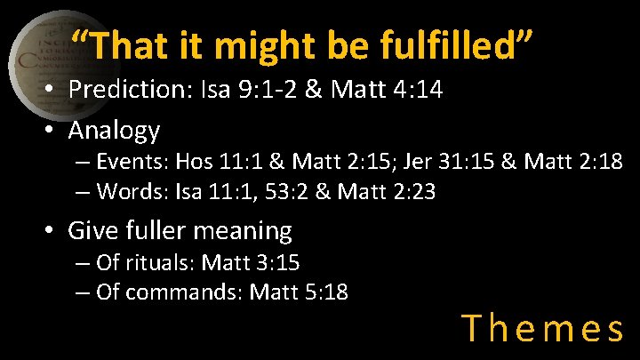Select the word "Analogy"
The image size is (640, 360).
114,130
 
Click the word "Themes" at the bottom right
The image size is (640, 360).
543,329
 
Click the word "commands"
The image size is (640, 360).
184,292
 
